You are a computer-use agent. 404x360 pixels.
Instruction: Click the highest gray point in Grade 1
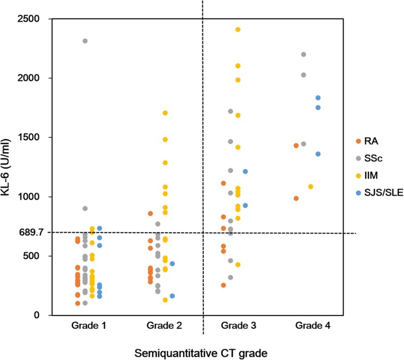[x=85, y=41]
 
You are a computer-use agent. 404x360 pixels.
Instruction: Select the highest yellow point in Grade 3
[x=238, y=30]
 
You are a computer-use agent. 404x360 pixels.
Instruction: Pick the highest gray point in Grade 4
[x=303, y=54]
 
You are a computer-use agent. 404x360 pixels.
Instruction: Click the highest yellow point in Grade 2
[x=165, y=113]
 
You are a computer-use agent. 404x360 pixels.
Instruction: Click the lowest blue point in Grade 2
[x=172, y=296]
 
